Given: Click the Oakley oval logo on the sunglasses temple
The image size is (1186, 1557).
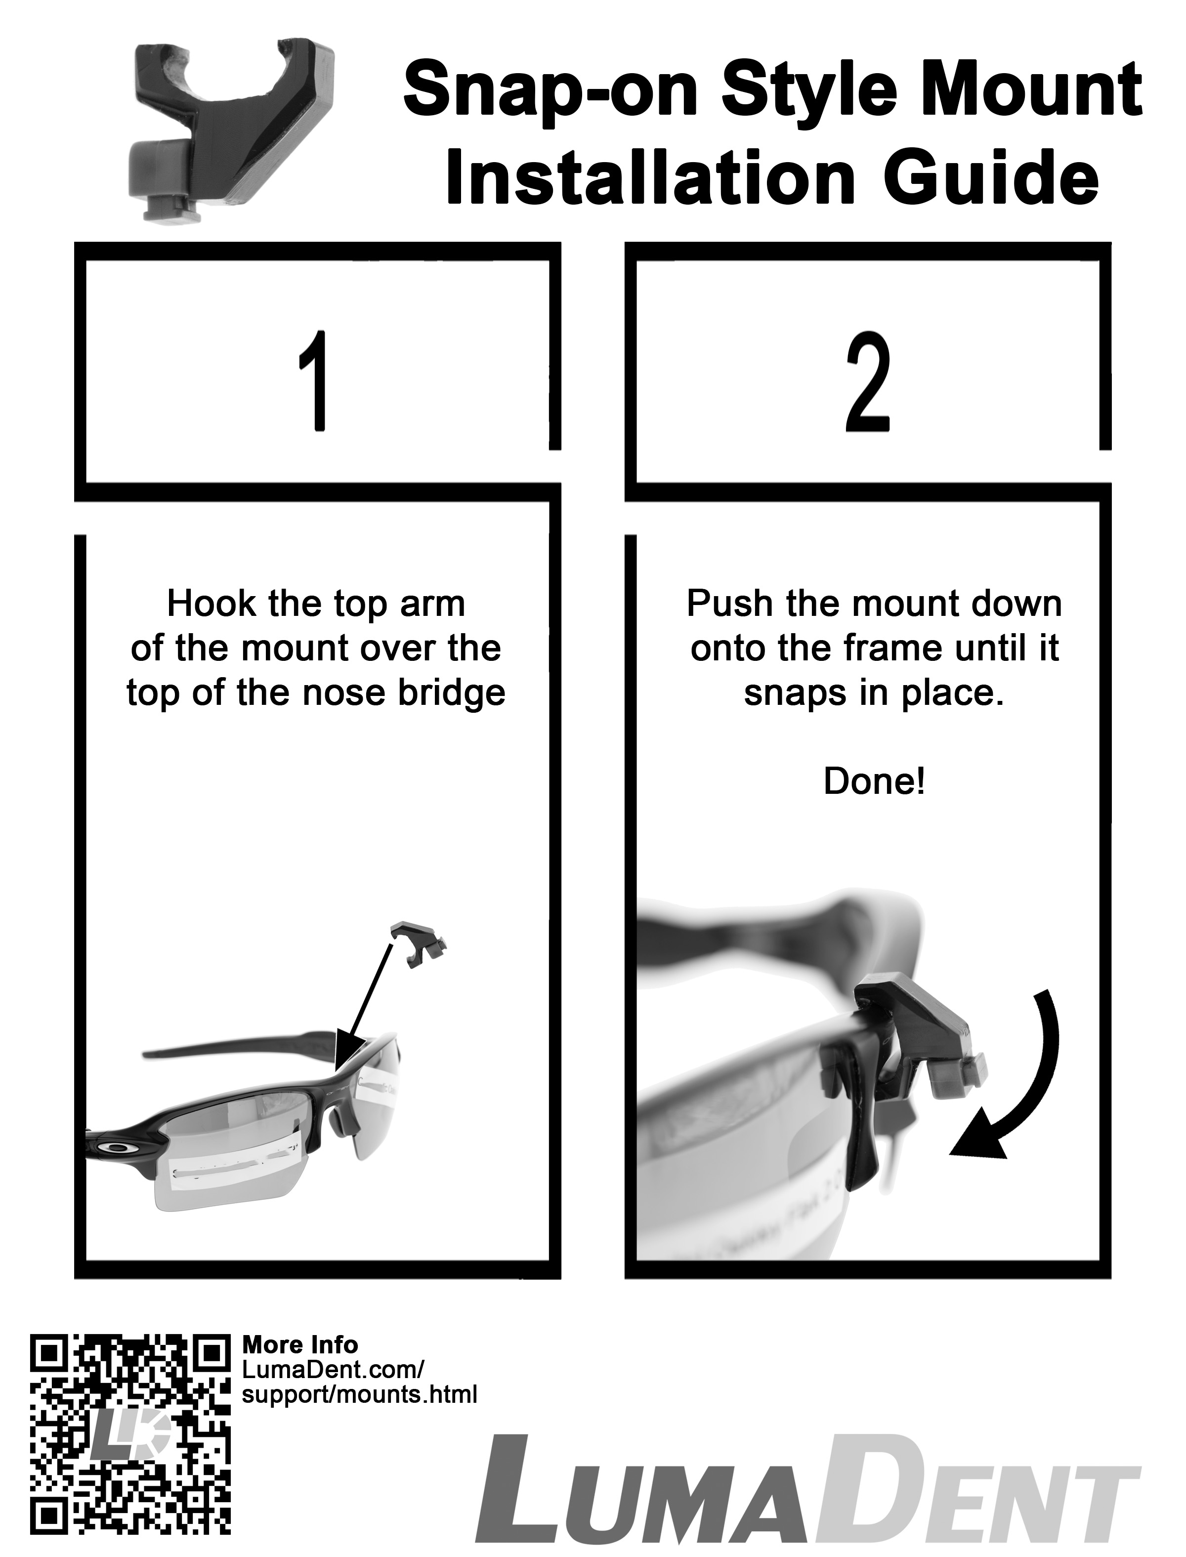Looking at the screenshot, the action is click(117, 1148).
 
